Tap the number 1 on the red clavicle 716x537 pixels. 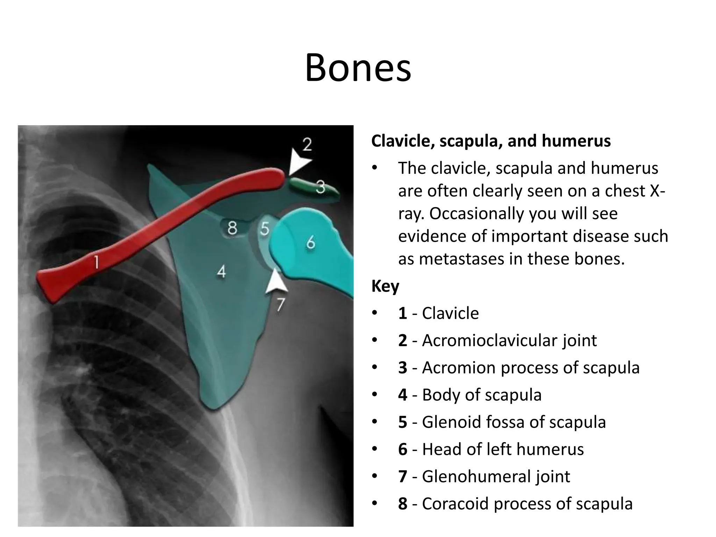pos(96,262)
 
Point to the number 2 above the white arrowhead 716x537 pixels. pos(307,144)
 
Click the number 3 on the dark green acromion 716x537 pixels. pos(321,187)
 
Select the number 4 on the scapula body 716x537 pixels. pos(221,271)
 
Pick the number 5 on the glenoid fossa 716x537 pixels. pos(265,229)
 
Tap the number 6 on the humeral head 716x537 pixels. pos(310,242)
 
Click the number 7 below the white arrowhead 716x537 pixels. pos(280,305)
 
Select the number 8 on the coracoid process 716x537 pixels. pos(232,228)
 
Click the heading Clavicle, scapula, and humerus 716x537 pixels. pos(491,141)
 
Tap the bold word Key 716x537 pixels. pos(385,286)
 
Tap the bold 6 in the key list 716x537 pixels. pos(403,449)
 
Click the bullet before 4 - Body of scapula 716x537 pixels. pos(375,395)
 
